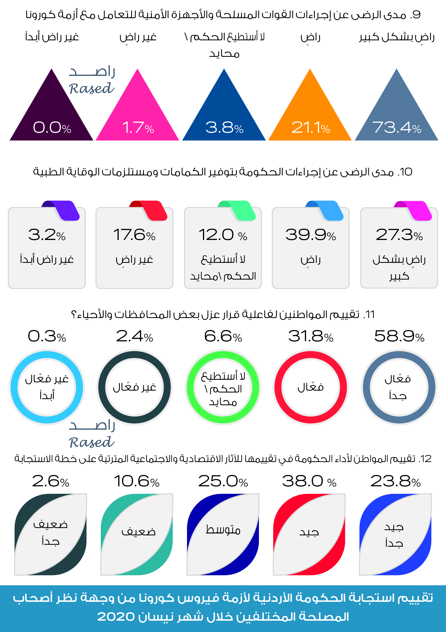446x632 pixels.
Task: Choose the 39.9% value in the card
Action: [311, 235]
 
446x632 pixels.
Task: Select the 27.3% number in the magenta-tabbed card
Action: [399, 235]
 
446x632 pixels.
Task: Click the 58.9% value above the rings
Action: [399, 336]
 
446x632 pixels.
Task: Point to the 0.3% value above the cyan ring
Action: [47, 336]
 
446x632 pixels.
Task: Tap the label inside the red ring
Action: [311, 388]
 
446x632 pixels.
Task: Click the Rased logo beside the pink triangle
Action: [92, 81]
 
